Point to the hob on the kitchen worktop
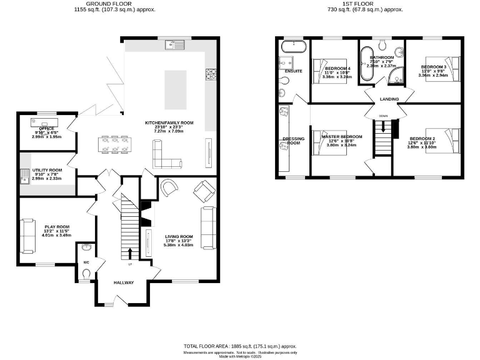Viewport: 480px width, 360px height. pos(210,74)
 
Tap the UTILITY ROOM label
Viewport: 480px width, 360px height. pos(47,170)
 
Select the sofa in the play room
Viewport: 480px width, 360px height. pos(27,236)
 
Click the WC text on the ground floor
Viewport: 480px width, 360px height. pos(86,262)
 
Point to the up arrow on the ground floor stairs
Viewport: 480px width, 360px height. pos(131,252)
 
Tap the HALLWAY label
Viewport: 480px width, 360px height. pos(124,282)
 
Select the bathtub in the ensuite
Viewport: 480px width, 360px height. pos(292,47)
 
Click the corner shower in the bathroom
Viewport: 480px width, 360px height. pos(396,77)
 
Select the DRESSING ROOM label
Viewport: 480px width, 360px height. pos(294,140)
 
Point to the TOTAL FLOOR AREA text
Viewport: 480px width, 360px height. pos(239,346)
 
